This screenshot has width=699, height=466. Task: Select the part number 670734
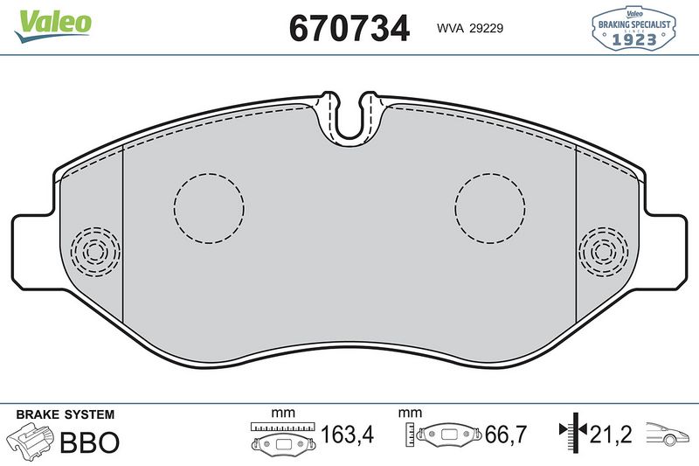[349, 29]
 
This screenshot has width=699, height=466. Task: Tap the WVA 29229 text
[469, 28]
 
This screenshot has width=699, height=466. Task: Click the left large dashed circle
[208, 207]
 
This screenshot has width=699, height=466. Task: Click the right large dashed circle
[489, 207]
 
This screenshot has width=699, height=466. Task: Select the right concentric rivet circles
[604, 252]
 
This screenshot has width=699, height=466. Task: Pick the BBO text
[89, 442]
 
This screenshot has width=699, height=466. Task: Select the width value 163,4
[344, 434]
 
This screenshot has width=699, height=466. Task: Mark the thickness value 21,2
[611, 434]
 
